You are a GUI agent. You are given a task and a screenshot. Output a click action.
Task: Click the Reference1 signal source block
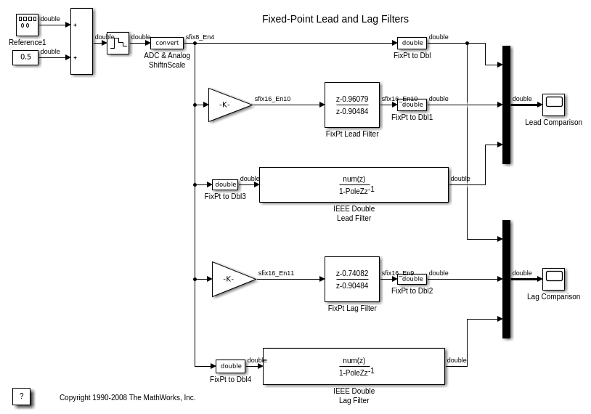click(x=27, y=25)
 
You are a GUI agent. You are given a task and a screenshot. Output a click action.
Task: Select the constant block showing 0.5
click(x=25, y=57)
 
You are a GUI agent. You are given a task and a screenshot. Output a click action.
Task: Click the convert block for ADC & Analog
click(x=167, y=43)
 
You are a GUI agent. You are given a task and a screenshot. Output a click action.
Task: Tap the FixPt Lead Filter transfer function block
click(x=352, y=105)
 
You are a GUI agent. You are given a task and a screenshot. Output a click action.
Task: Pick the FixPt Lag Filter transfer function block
click(x=352, y=279)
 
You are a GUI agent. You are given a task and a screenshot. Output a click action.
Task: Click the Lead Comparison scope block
click(x=553, y=105)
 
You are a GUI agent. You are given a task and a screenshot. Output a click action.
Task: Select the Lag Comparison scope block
click(x=553, y=279)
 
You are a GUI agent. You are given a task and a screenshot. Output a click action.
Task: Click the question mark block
click(x=21, y=397)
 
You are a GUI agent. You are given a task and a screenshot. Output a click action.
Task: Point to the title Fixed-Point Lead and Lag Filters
click(x=335, y=19)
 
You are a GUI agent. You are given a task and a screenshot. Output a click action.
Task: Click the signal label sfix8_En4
click(x=200, y=37)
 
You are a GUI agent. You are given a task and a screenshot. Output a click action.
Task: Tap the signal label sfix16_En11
click(x=276, y=273)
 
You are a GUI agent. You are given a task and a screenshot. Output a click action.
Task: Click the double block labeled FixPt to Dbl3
click(x=225, y=184)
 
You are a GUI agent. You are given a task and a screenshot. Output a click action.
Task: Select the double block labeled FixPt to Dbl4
click(x=231, y=366)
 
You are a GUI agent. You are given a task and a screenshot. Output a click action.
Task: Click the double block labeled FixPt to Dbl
click(x=412, y=43)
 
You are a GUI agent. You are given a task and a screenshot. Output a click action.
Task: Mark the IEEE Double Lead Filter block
click(x=354, y=184)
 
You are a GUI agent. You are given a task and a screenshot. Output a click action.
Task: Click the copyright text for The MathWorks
click(x=128, y=397)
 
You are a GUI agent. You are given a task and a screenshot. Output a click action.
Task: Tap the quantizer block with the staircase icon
click(x=118, y=43)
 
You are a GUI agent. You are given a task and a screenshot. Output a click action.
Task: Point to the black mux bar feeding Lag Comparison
click(x=506, y=279)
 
